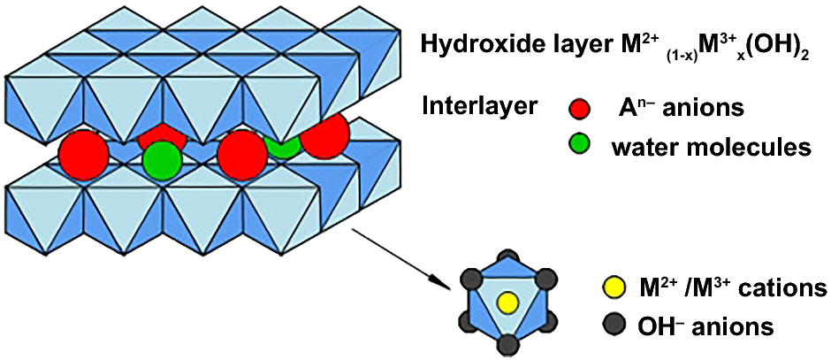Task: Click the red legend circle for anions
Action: pyautogui.click(x=580, y=110)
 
